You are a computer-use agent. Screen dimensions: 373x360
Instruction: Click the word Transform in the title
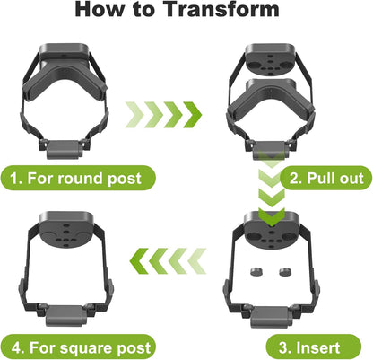coord(221,9)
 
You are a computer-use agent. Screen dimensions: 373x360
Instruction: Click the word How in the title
coord(101,9)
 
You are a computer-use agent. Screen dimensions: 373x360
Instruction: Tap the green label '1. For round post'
coord(77,178)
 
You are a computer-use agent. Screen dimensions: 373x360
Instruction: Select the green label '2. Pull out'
coord(326,178)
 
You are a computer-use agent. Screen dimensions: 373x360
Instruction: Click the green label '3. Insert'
coord(313,347)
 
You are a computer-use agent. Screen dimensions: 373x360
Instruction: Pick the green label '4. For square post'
coord(78,347)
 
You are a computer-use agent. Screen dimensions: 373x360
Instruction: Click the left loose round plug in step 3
coord(256,272)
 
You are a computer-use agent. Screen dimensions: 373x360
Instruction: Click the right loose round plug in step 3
coord(286,272)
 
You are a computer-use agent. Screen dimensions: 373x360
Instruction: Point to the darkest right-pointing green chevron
coord(193,115)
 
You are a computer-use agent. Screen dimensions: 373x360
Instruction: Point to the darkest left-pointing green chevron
coord(139,261)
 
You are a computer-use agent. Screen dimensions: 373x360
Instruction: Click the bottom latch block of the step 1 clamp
coord(65,149)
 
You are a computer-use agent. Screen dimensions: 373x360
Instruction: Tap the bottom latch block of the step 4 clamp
coord(65,316)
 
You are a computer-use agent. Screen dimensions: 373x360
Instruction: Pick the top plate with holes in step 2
coord(272,60)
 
